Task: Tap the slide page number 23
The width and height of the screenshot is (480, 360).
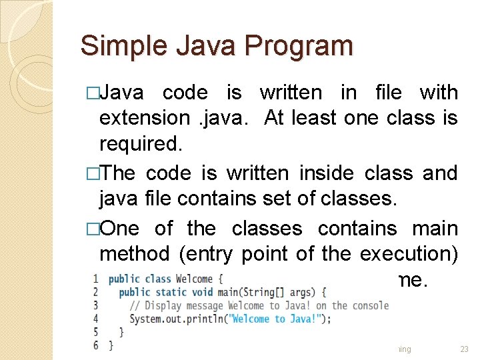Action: [x=465, y=349]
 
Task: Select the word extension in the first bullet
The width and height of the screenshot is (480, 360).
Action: [x=144, y=118]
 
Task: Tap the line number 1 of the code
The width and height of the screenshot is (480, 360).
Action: [x=96, y=279]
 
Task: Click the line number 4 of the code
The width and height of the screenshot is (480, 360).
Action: [x=96, y=319]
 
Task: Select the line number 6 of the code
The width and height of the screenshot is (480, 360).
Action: [x=96, y=345]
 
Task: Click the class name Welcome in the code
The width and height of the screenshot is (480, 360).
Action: [x=194, y=279]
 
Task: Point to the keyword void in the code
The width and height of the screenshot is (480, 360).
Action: [x=201, y=292]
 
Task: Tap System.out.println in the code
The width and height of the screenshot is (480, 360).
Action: [x=169, y=319]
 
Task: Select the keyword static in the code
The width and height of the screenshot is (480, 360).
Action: [x=169, y=292]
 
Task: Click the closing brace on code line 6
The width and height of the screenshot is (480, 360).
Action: [x=111, y=345]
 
